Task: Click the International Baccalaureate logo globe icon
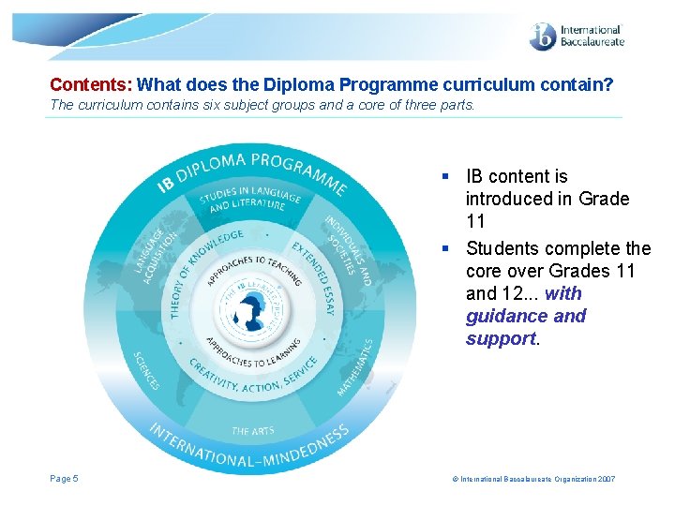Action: point(543,36)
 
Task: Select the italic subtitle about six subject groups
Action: point(262,105)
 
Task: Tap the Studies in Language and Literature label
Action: point(250,199)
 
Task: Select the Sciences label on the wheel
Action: point(148,370)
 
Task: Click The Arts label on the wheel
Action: point(252,431)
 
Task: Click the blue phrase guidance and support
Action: point(525,316)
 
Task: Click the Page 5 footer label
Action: point(64,479)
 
